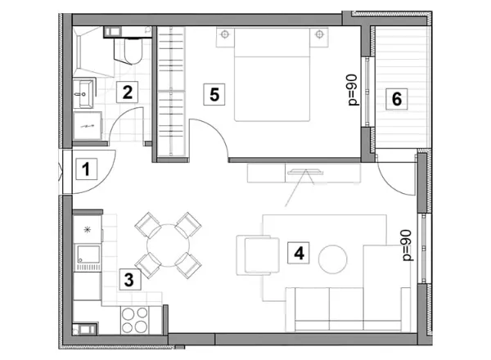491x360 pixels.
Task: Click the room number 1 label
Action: coord(86,169)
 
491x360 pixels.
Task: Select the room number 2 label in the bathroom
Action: coord(127,92)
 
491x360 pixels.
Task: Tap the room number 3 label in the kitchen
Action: coord(130,279)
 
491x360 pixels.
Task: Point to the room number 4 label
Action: coord(299,253)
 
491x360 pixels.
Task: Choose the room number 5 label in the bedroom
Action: coord(214,94)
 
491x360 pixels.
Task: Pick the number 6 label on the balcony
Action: coord(396,99)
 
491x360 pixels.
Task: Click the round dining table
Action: coord(168,245)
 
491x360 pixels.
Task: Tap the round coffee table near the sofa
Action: coord(333,259)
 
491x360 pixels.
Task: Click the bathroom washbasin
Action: coord(83,93)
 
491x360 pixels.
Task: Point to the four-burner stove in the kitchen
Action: coord(135,320)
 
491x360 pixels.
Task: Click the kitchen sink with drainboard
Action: coord(88,259)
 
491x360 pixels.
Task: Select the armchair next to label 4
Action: coord(258,255)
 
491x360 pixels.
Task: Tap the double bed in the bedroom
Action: coord(273,74)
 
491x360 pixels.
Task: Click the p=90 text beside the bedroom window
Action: coord(353,90)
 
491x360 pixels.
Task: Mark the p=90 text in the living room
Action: coord(407,245)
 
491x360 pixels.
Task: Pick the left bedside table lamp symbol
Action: coord(225,34)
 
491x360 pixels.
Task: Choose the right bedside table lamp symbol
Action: coord(319,34)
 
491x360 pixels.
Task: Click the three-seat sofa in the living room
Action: coord(349,309)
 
